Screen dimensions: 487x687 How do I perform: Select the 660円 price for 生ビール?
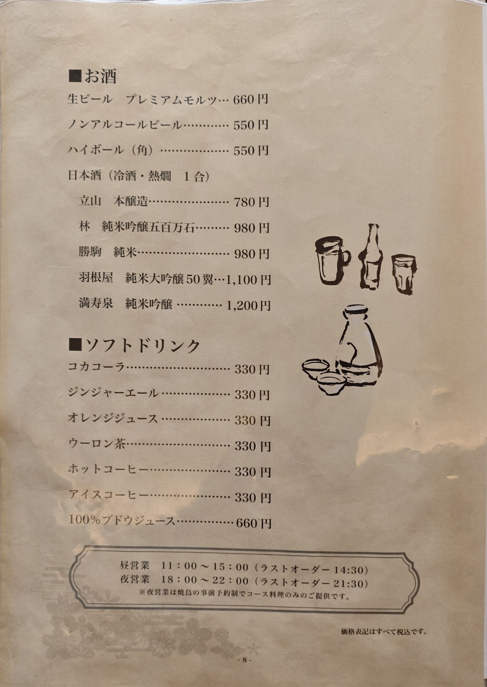(251, 99)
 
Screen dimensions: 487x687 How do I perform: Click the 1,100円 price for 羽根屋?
(249, 280)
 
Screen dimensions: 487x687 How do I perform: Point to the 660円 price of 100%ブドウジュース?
(253, 524)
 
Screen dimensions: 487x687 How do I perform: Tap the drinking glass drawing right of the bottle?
(404, 273)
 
